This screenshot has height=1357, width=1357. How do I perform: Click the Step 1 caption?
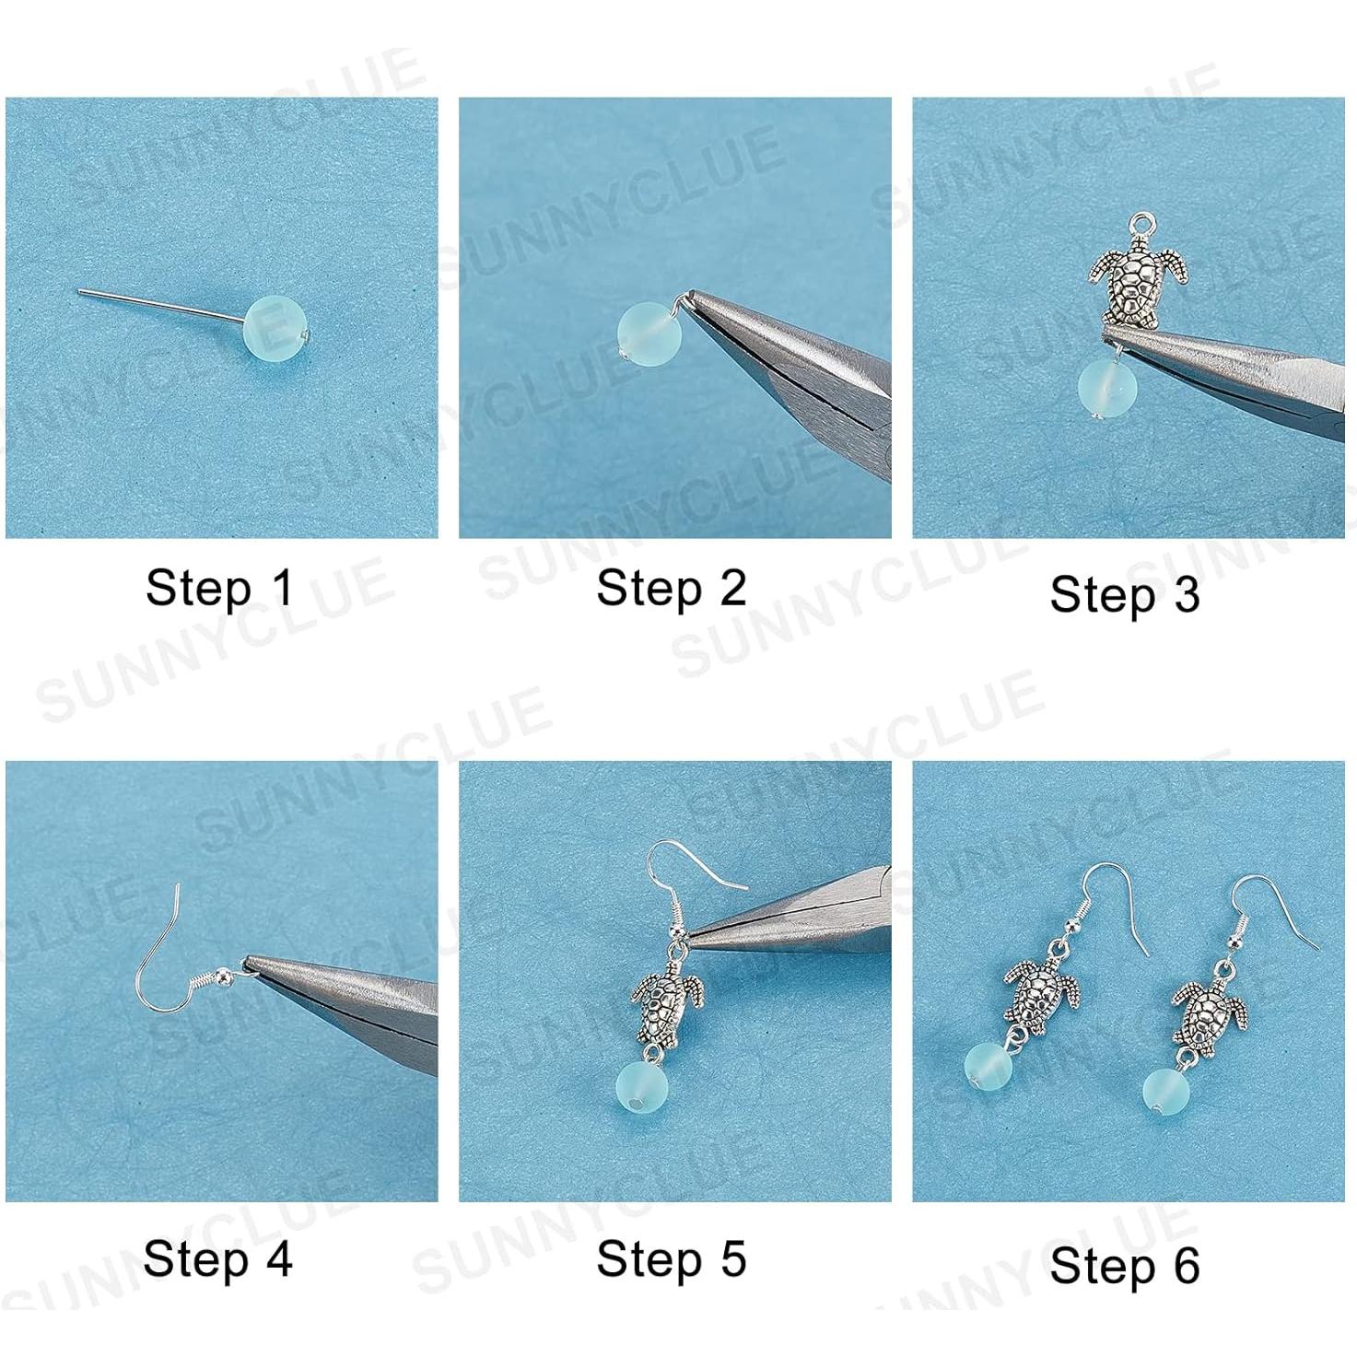pos(219,588)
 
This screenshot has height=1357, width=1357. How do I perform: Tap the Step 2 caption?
pos(671,588)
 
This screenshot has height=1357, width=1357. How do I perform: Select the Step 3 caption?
pos(1124,594)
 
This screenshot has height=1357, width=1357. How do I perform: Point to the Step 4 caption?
pos(218,1258)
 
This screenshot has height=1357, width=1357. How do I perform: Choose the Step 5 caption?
pos(671,1259)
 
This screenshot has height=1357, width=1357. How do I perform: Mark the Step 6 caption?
pos(1124,1265)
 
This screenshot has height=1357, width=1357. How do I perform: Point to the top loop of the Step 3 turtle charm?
pos(1144,223)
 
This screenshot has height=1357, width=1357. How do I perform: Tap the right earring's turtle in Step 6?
pos(1209,1015)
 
